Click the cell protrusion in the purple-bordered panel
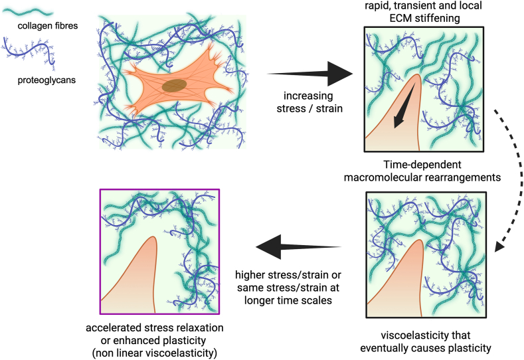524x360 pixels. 133,279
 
